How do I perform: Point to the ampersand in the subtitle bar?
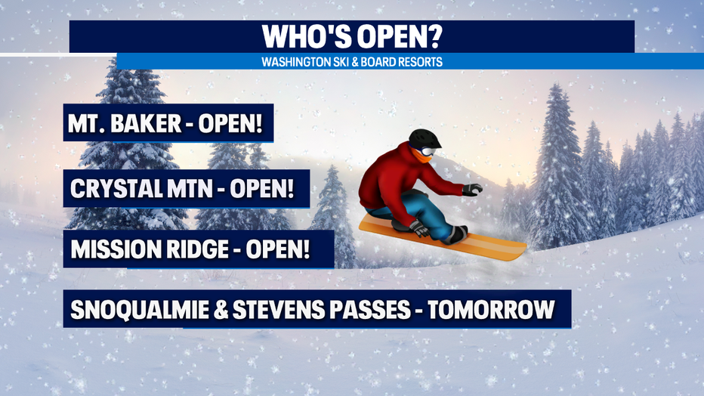(x=355, y=62)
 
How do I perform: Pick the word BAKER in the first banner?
(x=146, y=123)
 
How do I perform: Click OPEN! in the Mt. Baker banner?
(x=230, y=123)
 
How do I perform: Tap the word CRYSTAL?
(x=117, y=189)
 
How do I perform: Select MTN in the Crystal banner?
(x=190, y=189)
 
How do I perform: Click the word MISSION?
(x=116, y=249)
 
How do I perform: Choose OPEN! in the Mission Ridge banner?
(x=278, y=249)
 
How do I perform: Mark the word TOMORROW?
(x=491, y=310)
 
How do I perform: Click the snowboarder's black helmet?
(x=425, y=138)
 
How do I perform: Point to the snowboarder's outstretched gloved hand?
(x=472, y=190)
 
